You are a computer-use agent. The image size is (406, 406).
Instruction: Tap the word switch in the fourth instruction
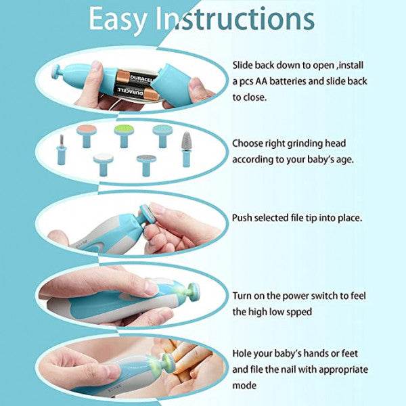pos(324,296)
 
